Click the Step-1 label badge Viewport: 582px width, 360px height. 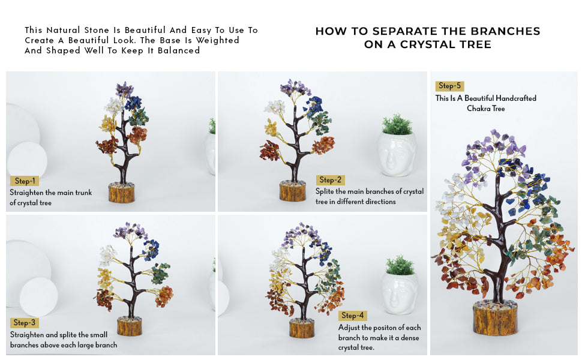[x=25, y=181]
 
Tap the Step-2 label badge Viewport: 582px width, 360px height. [x=331, y=180]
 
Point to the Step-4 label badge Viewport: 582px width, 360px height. [x=352, y=316]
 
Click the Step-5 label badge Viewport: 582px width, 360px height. [x=450, y=86]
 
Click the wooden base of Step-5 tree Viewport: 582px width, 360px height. [x=495, y=319]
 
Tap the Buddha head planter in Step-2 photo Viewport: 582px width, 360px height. [x=397, y=154]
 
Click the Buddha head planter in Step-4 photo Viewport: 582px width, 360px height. [x=400, y=293]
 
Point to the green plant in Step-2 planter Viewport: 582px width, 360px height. [x=397, y=124]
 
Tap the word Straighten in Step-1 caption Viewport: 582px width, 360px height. [x=27, y=193]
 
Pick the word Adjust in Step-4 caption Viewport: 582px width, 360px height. [x=349, y=328]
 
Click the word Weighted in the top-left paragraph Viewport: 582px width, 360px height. [x=220, y=40]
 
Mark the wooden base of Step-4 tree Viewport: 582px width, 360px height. [x=302, y=329]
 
